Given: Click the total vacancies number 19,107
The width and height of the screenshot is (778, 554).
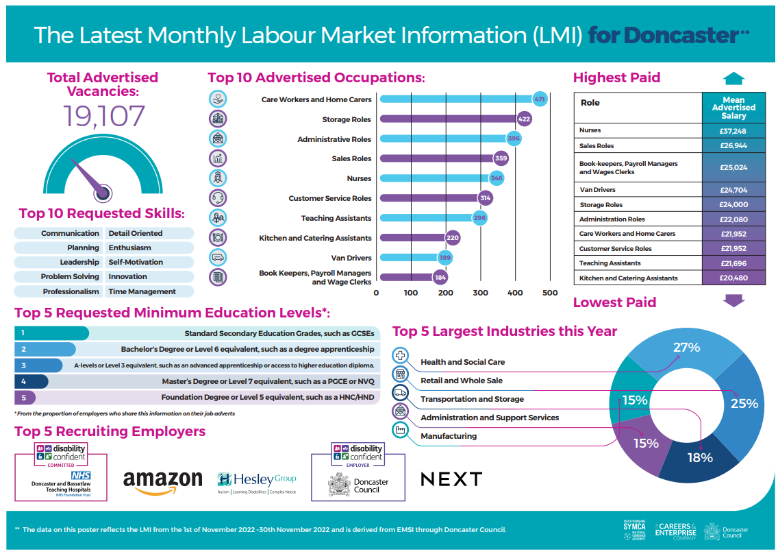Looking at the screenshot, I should coord(105,117).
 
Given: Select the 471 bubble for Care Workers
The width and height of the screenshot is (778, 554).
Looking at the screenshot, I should coord(540,99).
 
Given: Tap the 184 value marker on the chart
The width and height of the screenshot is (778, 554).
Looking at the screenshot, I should coord(440,278).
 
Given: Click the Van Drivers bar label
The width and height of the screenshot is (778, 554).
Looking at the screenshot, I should coord(351,258).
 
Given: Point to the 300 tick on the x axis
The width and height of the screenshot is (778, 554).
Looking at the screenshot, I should coord(480,293).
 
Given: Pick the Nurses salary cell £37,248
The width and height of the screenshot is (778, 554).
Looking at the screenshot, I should coord(733,130).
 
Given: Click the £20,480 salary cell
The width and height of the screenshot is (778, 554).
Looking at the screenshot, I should coord(733,278).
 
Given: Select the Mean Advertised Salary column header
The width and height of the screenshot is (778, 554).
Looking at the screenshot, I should coord(733,108).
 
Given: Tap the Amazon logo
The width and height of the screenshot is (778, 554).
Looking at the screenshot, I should coord(163,481).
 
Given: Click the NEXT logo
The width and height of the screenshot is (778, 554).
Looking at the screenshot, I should coord(451,479).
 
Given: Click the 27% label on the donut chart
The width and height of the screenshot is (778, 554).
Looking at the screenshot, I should coord(686,348).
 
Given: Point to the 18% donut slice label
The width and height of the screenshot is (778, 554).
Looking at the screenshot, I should coord(701,457).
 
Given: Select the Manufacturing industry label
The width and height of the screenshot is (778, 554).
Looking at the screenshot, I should coord(449,436).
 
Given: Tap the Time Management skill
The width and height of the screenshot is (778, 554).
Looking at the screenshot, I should coord(142,291).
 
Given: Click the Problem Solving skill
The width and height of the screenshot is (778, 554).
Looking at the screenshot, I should coord(70,277).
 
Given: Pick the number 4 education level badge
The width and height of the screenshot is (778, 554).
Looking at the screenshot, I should coord(24,381).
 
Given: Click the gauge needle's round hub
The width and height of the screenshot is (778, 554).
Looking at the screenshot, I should coord(103,192).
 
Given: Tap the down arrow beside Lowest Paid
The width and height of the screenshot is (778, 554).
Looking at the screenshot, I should coord(733,301).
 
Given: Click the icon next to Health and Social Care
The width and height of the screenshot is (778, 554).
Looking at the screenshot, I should coord(401,356).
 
